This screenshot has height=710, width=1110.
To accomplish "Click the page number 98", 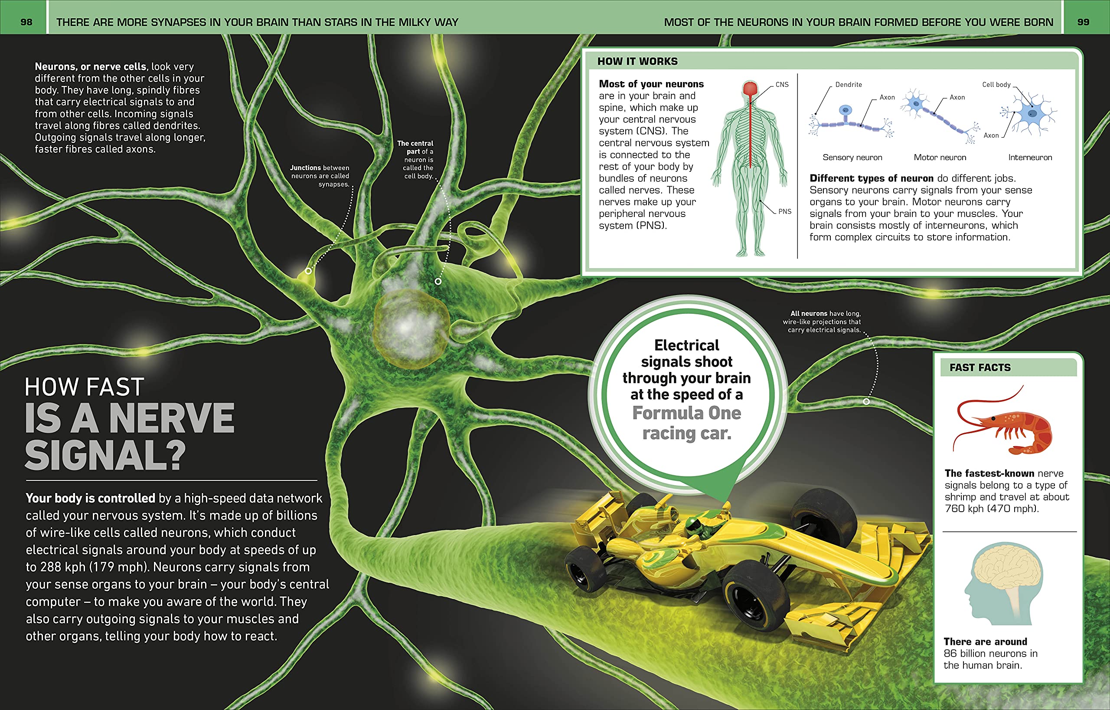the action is click(x=26, y=22).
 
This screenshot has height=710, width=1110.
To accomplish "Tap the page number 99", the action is click(x=1083, y=22).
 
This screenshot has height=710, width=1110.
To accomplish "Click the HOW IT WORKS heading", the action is click(x=637, y=61).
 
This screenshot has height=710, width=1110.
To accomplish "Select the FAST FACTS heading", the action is click(x=979, y=368).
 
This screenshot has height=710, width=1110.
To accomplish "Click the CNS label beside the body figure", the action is click(x=782, y=85).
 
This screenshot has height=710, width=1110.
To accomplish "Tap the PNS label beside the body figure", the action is click(x=784, y=211).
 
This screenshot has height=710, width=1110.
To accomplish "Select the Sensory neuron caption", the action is click(x=852, y=157).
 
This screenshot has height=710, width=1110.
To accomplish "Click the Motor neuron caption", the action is click(x=940, y=157).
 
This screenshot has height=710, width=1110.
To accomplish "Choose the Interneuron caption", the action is click(x=1030, y=157).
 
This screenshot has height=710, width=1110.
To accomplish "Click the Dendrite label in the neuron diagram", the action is click(x=848, y=85).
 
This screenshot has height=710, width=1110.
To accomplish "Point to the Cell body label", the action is click(x=996, y=85).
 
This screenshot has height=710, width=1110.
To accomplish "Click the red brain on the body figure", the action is click(x=751, y=88).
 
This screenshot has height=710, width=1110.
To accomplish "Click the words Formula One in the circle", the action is click(x=686, y=413).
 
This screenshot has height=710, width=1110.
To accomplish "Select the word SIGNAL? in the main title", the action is click(x=105, y=455).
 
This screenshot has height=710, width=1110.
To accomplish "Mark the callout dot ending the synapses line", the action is click(x=308, y=271).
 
